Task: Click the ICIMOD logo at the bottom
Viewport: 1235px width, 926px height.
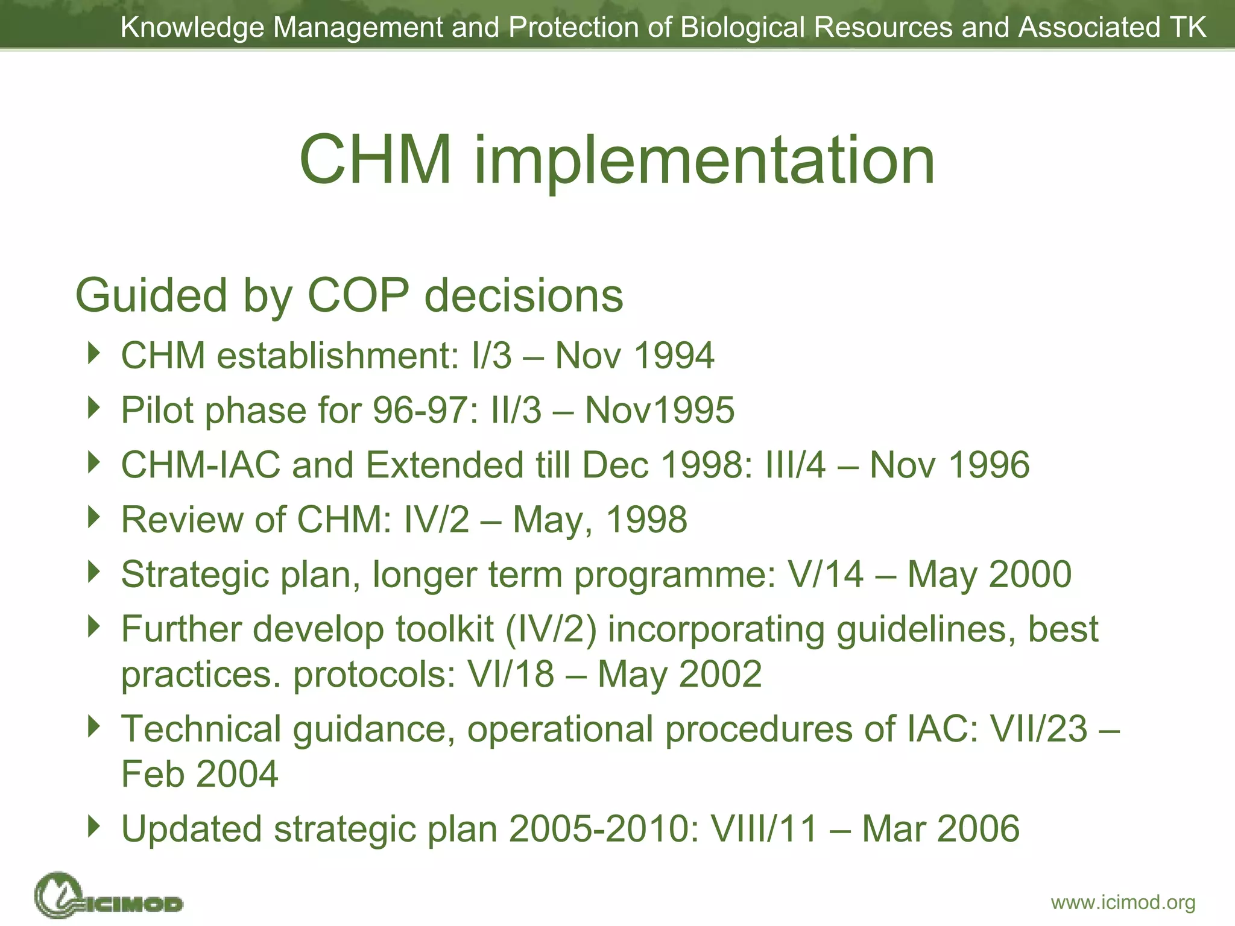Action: coord(109,896)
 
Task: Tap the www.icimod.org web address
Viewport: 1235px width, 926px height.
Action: coord(1123,902)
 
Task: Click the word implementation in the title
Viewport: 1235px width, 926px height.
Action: coord(704,160)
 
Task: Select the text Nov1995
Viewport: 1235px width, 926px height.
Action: coord(660,410)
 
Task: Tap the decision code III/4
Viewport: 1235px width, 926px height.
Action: coord(795,465)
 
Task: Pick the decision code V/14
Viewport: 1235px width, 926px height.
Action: coord(826,574)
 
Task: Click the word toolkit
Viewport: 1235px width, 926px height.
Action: coord(444,629)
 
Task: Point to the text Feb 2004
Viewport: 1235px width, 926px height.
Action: coord(200,773)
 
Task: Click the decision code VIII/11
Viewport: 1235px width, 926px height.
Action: coord(764,828)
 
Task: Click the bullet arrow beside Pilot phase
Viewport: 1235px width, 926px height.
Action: coord(93,408)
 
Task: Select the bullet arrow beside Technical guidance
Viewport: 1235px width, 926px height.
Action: coord(93,726)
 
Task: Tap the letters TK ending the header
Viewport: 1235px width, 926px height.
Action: coord(1187,27)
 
